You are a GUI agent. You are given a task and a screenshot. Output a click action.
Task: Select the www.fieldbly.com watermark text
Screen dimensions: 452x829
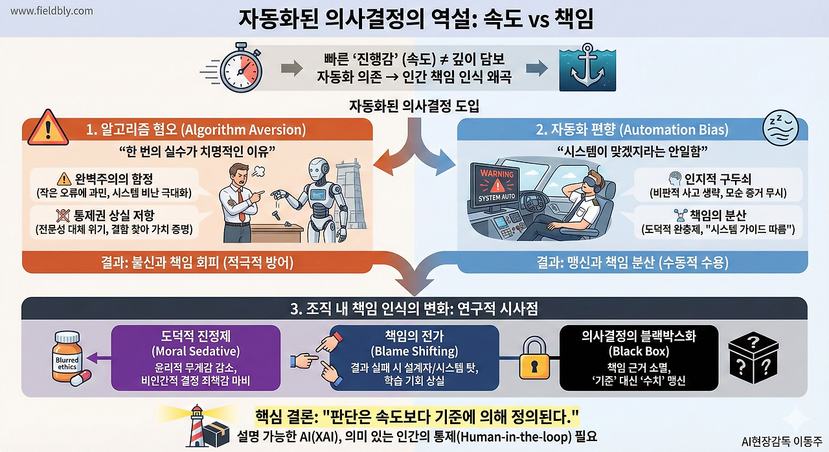pos(52,11)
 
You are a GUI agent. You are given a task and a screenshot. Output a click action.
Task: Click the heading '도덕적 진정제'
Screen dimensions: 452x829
pos(196,337)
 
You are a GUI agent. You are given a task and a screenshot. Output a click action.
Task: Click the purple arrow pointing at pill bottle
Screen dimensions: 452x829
pos(98,357)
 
